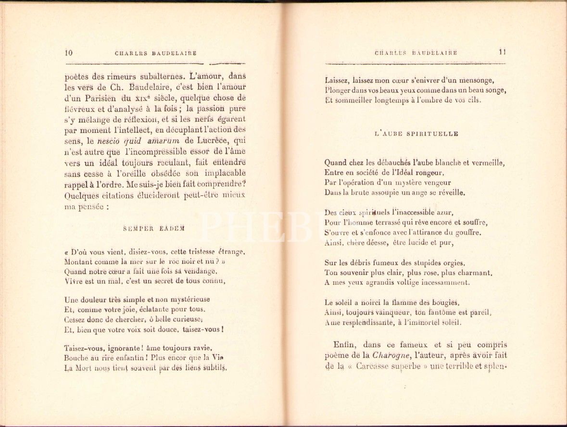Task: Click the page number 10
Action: coord(68,53)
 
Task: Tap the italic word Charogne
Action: coord(389,355)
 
